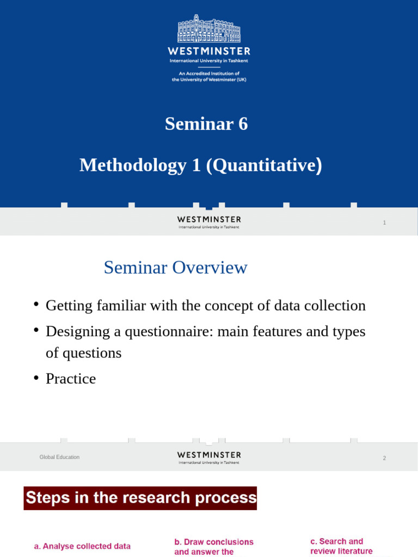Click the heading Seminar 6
click(x=206, y=124)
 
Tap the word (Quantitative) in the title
click(x=264, y=165)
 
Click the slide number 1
click(x=384, y=222)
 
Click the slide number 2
click(x=384, y=458)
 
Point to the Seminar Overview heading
click(x=175, y=268)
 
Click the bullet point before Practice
click(x=36, y=378)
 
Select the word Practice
click(x=71, y=379)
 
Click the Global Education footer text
click(x=59, y=457)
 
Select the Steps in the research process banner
click(x=140, y=498)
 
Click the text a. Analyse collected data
click(x=82, y=546)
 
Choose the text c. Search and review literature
click(x=341, y=546)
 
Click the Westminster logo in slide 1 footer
click(x=209, y=222)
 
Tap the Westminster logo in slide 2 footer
click(x=209, y=457)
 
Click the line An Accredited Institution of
click(x=209, y=73)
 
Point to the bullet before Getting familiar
click(x=36, y=305)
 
